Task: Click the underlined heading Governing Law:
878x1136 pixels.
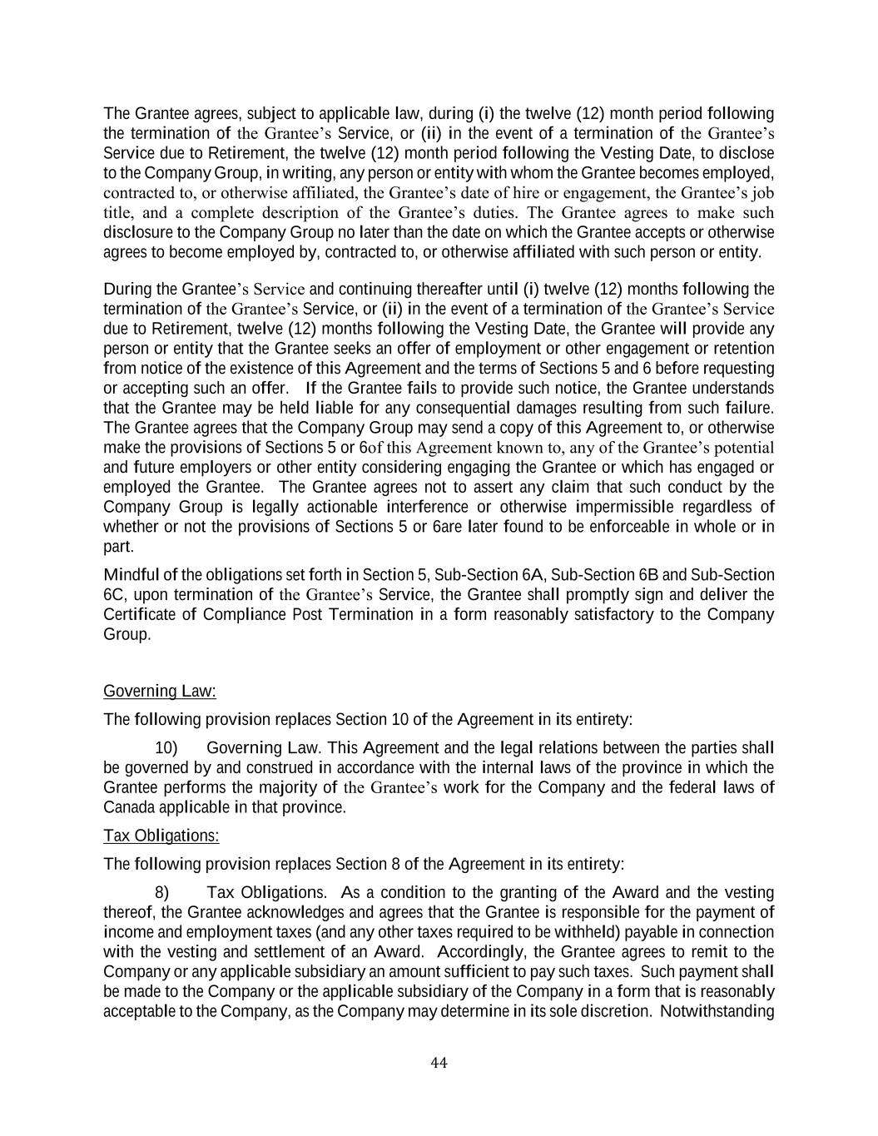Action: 159,692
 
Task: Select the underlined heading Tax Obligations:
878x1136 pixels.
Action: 161,836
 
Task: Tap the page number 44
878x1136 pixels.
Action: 439,1063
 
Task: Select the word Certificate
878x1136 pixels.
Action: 138,615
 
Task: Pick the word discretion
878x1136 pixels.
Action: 618,1012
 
